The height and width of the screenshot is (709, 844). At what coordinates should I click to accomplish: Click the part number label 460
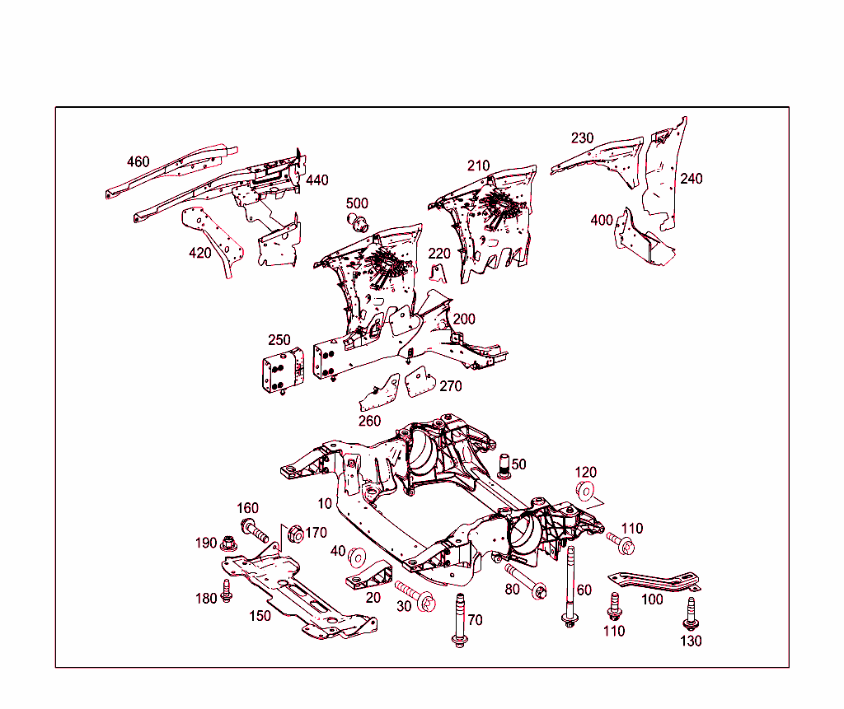[x=138, y=161]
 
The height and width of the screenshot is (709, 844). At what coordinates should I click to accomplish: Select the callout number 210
[x=478, y=166]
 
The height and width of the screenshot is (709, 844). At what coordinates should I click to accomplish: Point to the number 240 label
[x=691, y=179]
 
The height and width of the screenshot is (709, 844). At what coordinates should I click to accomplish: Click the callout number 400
[x=602, y=220]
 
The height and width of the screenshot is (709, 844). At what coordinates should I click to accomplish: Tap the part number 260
[x=369, y=421]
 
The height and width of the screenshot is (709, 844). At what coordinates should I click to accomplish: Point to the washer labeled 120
[x=584, y=492]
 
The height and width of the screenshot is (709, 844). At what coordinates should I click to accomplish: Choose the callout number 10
[x=325, y=503]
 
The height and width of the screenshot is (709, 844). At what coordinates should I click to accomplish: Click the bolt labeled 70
[x=459, y=619]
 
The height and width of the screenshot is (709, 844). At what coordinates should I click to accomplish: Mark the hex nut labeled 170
[x=293, y=534]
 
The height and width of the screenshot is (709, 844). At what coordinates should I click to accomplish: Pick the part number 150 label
[x=260, y=615]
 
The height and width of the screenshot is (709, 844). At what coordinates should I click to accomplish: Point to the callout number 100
[x=651, y=599]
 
